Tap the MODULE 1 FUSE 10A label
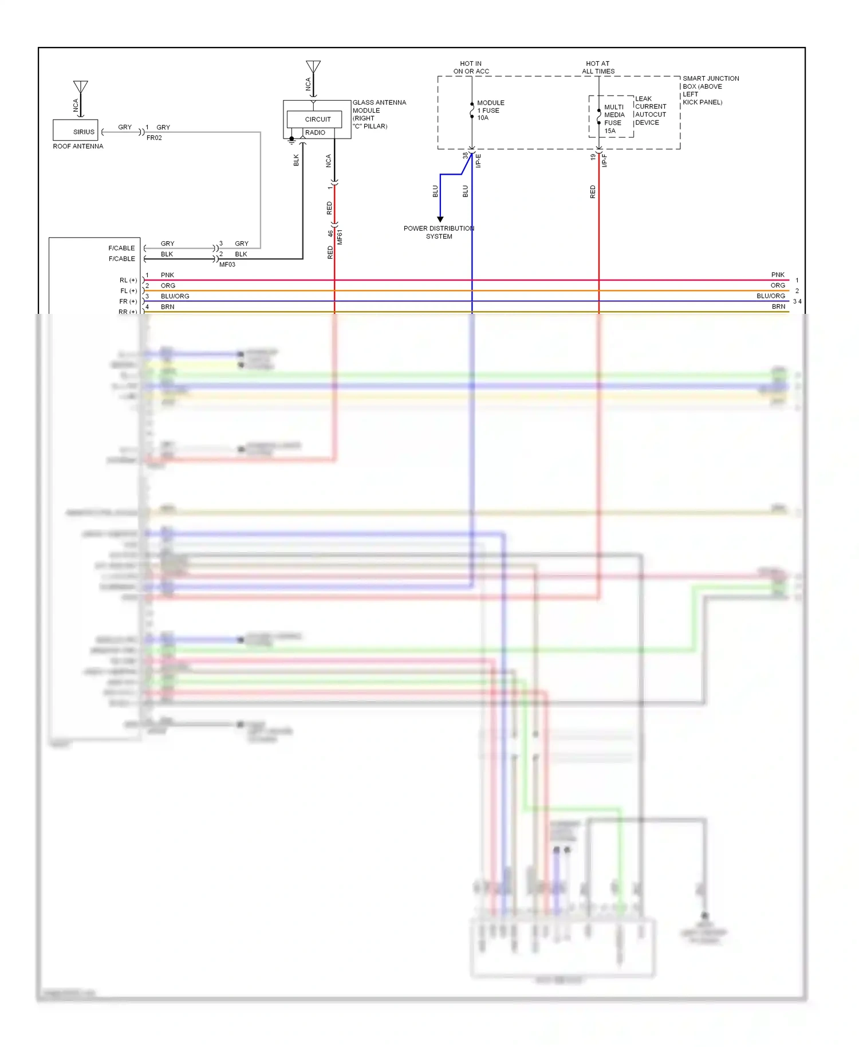point(490,110)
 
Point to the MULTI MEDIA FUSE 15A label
point(613,119)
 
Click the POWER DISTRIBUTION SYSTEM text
point(439,232)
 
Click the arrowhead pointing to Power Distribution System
point(440,219)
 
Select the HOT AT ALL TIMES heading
point(598,68)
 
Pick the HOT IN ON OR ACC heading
point(471,68)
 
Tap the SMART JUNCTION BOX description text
point(710,90)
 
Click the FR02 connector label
point(154,138)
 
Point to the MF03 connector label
point(227,265)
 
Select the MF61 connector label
point(340,237)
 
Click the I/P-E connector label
point(478,160)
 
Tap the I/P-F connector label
point(604,160)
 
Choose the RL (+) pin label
point(128,280)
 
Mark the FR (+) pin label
point(128,301)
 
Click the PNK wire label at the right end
point(777,275)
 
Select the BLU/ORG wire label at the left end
point(175,296)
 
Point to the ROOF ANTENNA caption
point(78,147)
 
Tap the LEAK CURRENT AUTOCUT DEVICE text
point(650,111)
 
